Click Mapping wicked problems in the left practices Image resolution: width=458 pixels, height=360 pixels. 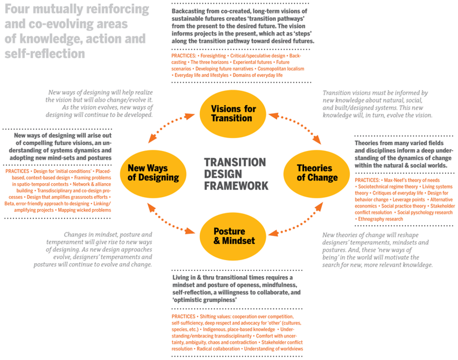pyautogui.click(x=84, y=210)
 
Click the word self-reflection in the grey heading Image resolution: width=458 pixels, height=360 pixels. pyautogui.click(x=45, y=53)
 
